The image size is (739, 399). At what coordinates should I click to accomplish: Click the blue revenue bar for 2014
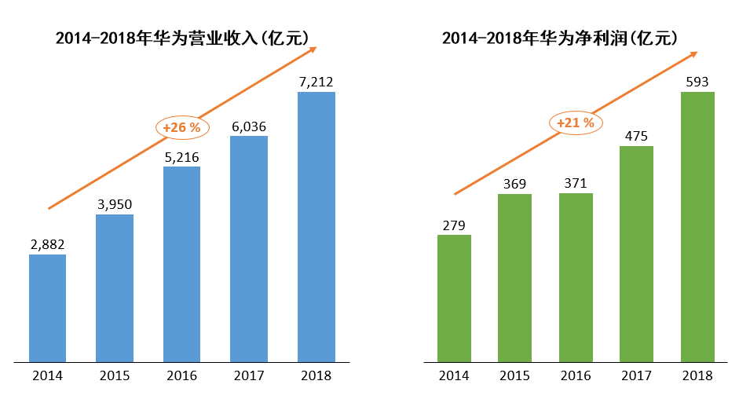(x=48, y=309)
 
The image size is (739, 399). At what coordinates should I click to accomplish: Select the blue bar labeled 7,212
(x=316, y=227)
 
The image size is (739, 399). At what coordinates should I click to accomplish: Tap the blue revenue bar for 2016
(x=182, y=264)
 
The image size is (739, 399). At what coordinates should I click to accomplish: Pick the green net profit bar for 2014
(x=455, y=298)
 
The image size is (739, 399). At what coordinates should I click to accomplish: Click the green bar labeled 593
(x=697, y=227)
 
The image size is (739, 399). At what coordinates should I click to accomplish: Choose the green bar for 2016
(x=576, y=278)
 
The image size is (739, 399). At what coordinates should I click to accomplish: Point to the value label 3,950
(x=115, y=205)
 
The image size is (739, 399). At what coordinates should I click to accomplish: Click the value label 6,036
(x=249, y=127)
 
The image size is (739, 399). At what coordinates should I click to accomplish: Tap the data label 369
(x=514, y=184)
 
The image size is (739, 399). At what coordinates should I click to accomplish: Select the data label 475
(x=636, y=137)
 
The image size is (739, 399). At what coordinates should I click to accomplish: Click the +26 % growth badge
(x=182, y=127)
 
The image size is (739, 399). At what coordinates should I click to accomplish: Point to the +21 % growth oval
(x=576, y=123)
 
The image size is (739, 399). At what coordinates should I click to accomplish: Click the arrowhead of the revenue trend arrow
(x=313, y=49)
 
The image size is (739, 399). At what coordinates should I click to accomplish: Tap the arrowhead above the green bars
(x=693, y=54)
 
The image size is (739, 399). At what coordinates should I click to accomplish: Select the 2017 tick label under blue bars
(x=249, y=376)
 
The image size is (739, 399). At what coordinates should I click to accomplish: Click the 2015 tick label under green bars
(x=514, y=376)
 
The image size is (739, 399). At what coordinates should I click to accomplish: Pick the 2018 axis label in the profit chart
(x=697, y=376)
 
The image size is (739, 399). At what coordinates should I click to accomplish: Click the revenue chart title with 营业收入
(x=182, y=38)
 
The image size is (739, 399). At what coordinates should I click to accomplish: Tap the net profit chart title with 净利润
(x=559, y=38)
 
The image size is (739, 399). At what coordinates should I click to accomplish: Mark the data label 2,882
(x=48, y=245)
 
